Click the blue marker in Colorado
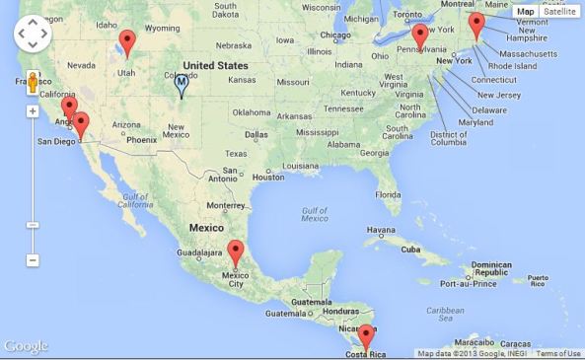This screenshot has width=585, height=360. tap(181, 85)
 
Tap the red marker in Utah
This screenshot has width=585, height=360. tap(126, 42)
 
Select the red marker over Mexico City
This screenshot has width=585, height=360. tap(235, 252)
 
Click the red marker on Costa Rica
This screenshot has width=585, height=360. tap(366, 335)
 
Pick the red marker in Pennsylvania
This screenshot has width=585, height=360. tap(420, 36)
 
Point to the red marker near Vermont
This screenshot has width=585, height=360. tap(476, 25)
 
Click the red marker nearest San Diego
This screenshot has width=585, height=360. tap(82, 123)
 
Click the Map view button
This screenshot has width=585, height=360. tap(525, 12)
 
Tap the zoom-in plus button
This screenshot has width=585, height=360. tap(33, 111)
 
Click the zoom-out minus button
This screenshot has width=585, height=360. tap(33, 260)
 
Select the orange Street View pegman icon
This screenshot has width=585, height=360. tap(33, 83)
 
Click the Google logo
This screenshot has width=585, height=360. tap(26, 346)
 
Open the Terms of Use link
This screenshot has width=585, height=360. tap(558, 354)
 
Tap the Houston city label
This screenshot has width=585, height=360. tap(267, 177)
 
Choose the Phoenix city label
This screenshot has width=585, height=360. tap(142, 140)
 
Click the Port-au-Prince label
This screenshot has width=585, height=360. tap(468, 283)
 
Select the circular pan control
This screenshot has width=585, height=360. tap(33, 35)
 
